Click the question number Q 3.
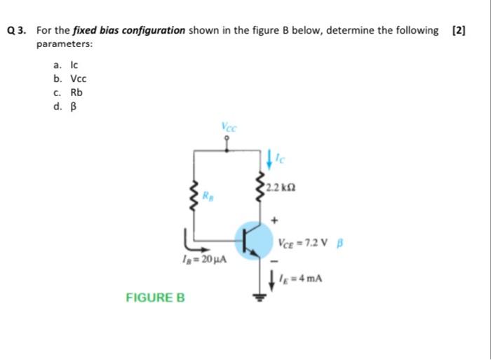click(x=16, y=31)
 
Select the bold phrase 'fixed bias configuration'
click(x=145, y=31)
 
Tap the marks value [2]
click(x=459, y=31)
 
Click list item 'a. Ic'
click(x=60, y=65)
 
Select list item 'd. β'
click(x=60, y=106)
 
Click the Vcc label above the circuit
click(x=229, y=127)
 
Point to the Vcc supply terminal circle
click(x=227, y=138)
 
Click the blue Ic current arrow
click(x=270, y=158)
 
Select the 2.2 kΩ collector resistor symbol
click(x=263, y=185)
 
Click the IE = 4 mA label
click(x=303, y=278)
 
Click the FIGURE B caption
click(x=155, y=298)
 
